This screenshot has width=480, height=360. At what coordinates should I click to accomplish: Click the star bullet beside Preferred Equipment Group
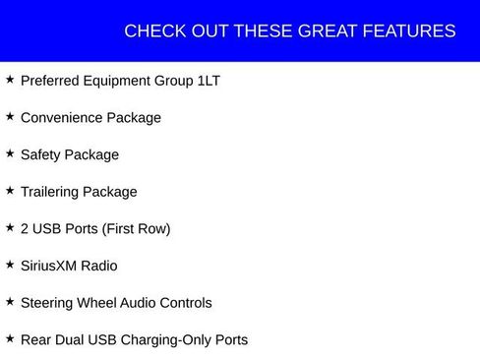pyautogui.click(x=10, y=80)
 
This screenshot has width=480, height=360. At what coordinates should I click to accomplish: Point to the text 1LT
pyautogui.click(x=209, y=81)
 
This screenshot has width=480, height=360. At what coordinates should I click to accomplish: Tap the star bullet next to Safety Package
pyautogui.click(x=10, y=153)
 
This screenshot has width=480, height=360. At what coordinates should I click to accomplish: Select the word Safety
pyautogui.click(x=41, y=154)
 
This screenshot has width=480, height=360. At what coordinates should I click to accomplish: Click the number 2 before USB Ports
pyautogui.click(x=25, y=228)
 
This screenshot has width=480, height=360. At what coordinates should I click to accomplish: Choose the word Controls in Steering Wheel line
pyautogui.click(x=184, y=303)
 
